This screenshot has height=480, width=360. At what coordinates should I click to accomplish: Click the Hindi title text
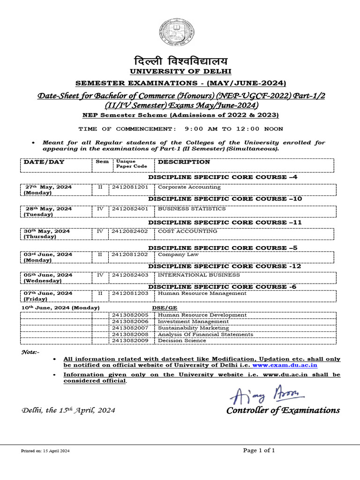[180, 60]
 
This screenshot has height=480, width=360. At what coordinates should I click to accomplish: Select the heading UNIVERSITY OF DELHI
[180, 72]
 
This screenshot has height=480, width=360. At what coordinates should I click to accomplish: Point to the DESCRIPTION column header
[184, 162]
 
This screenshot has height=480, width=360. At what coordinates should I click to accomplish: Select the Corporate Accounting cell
[189, 187]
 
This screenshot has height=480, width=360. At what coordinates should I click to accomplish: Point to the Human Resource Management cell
[202, 293]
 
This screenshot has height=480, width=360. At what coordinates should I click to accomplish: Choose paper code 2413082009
[130, 341]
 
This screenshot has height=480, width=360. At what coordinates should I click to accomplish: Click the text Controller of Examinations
[283, 411]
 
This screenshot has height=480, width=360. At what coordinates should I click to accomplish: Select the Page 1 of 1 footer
[259, 450]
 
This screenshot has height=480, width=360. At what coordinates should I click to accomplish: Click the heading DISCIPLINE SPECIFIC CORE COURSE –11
[225, 222]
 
